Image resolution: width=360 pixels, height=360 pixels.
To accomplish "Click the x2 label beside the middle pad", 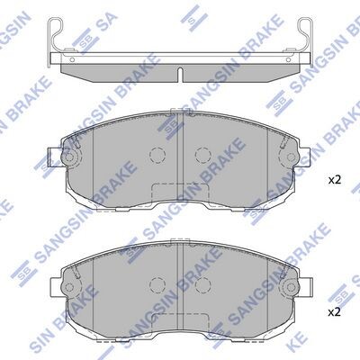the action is tap(335, 180).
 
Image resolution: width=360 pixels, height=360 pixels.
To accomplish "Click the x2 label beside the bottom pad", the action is tap(335, 313).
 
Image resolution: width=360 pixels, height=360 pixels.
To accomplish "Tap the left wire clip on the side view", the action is tap(55, 39).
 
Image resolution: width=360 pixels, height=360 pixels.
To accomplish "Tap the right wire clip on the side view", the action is tap(305, 39).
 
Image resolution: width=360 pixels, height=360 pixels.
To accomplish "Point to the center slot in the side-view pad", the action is tap(180, 75).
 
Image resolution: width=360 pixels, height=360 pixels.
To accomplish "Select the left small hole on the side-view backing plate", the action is tap(72, 60).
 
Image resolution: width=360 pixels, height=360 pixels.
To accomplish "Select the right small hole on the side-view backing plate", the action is tap(288, 60).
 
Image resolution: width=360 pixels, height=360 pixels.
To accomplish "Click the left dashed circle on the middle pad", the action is tap(157, 155).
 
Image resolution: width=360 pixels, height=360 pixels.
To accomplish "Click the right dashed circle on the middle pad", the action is tap(203, 155).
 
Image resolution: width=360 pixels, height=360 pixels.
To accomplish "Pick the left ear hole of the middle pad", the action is tap(69, 157).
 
